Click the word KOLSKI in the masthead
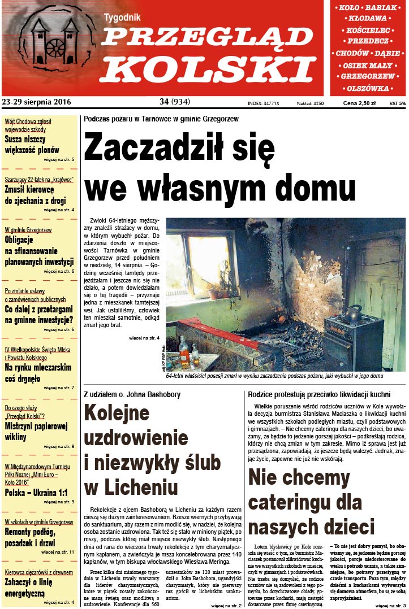pos(209,69)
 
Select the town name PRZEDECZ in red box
pos(368,42)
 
